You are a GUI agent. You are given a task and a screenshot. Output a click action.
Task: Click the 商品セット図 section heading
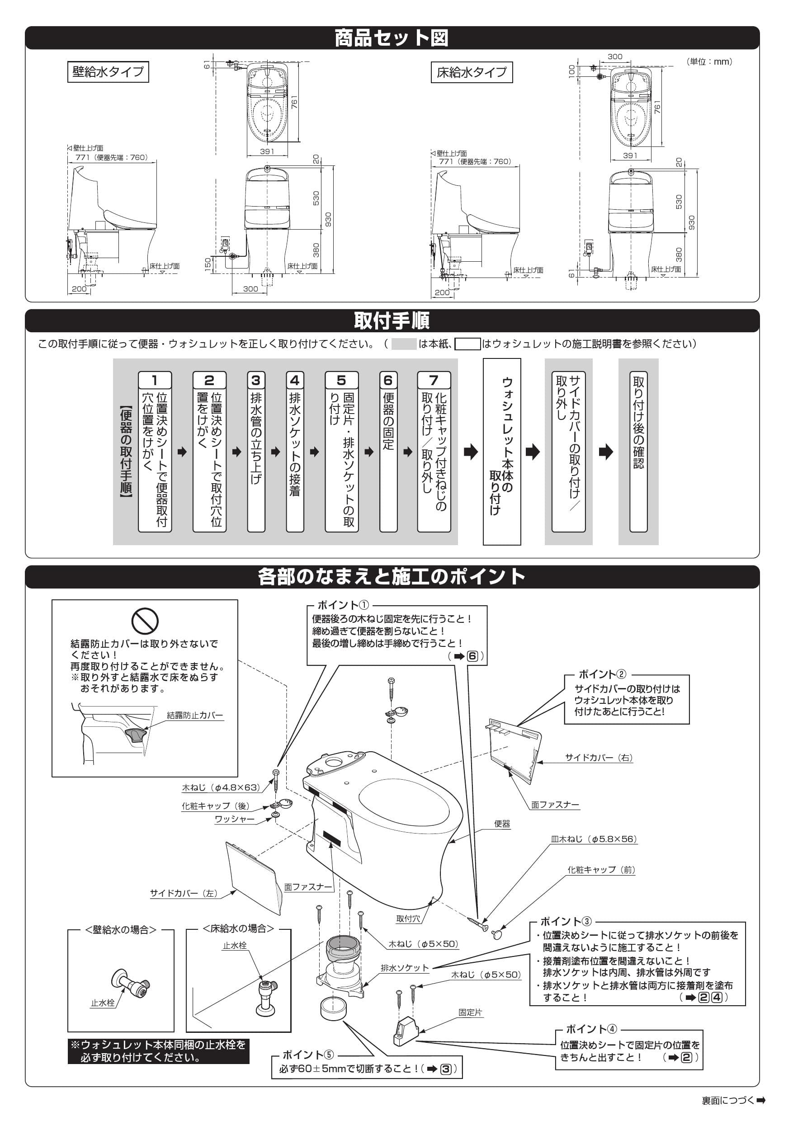[x=392, y=38]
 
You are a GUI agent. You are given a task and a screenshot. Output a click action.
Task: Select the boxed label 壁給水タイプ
[x=108, y=72]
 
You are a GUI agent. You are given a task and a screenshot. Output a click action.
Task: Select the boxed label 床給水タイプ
[x=472, y=72]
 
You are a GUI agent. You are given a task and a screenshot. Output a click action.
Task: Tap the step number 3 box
[x=256, y=380]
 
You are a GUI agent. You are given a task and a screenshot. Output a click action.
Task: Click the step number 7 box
[x=434, y=380]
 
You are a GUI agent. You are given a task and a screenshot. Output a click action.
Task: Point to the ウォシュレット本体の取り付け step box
[x=502, y=451]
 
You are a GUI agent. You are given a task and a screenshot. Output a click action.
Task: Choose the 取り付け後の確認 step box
[x=638, y=451]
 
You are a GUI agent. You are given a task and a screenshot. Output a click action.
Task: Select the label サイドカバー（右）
[x=599, y=758]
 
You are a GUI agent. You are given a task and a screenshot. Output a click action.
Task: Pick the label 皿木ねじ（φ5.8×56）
[x=594, y=839]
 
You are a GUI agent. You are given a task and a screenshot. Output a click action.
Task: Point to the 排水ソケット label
[x=405, y=968]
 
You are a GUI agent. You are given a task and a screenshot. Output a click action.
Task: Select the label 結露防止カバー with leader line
[x=195, y=715]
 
